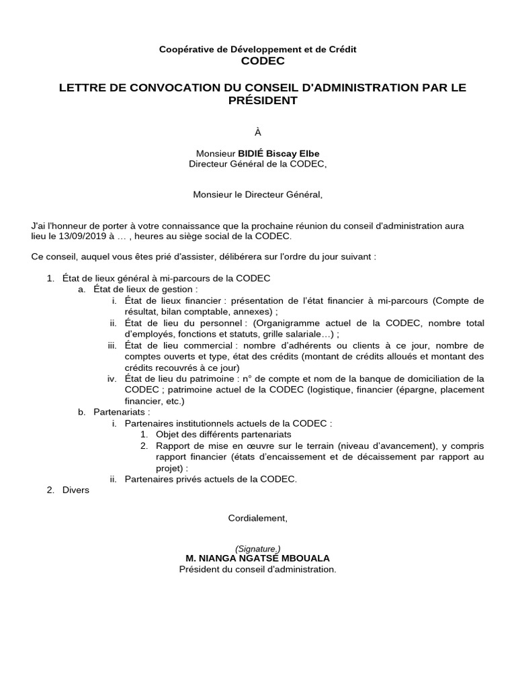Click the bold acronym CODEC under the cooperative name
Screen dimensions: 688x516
[x=257, y=61]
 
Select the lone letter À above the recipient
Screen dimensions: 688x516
[x=257, y=133]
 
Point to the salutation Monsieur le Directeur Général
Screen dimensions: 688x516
[x=258, y=195]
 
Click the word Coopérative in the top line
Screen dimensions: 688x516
[x=184, y=49]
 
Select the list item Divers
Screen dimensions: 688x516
[x=75, y=490]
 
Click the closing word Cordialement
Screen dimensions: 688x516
[x=257, y=518]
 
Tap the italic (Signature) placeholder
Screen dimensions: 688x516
[x=258, y=548]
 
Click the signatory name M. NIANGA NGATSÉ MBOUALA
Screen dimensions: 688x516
[x=258, y=558]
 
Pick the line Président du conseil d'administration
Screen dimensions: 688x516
[x=257, y=569]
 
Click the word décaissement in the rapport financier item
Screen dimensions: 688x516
[x=376, y=457]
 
